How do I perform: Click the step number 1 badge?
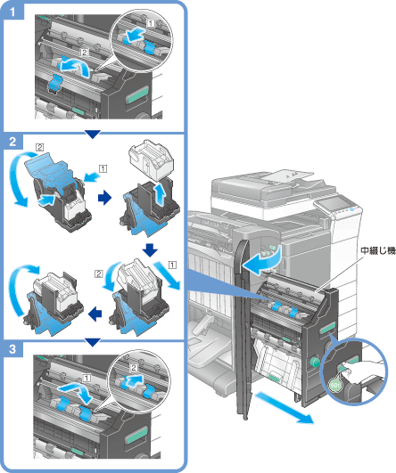pyautogui.click(x=12, y=12)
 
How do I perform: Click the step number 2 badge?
pyautogui.click(x=12, y=142)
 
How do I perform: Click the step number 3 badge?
pyautogui.click(x=12, y=349)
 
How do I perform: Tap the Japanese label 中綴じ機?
pyautogui.click(x=378, y=250)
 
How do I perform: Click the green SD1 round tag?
pyautogui.click(x=335, y=385)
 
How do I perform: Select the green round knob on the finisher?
pyautogui.click(x=315, y=361)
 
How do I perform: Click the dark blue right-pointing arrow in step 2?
pyautogui.click(x=104, y=198)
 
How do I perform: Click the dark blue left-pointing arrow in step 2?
pyautogui.click(x=95, y=314)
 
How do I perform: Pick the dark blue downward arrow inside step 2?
pyautogui.click(x=150, y=249)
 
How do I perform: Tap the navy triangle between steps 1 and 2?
pyautogui.click(x=93, y=135)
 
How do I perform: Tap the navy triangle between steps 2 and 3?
pyautogui.click(x=93, y=342)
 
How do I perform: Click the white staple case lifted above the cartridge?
pyautogui.click(x=151, y=159)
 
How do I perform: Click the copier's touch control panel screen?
pyautogui.click(x=333, y=204)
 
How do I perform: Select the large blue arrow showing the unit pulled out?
pyautogui.click(x=284, y=409)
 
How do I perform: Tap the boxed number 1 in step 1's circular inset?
pyautogui.click(x=150, y=23)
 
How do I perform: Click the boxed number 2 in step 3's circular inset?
pyautogui.click(x=134, y=367)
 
